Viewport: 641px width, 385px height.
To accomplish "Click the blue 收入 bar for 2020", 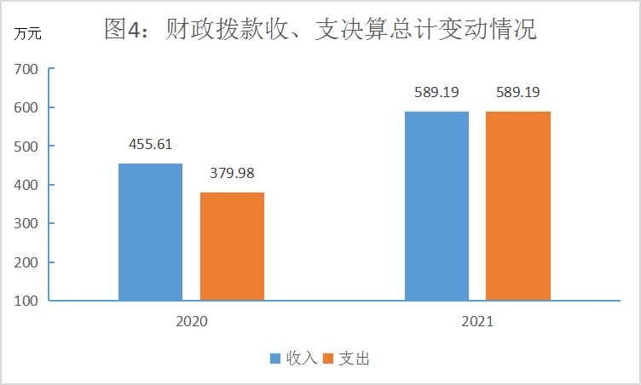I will tap(150, 232).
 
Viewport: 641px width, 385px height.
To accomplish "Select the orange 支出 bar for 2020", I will tap(232, 246).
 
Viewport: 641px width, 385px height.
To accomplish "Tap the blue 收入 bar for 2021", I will tap(436, 205).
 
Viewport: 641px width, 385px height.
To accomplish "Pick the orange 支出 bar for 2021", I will tap(518, 205).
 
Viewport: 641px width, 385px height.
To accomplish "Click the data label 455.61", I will tap(150, 145).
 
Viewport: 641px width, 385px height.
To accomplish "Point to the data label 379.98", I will tap(232, 174).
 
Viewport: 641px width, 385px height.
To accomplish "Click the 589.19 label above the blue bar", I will tap(437, 92).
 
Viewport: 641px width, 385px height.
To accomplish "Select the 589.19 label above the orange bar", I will tap(518, 92).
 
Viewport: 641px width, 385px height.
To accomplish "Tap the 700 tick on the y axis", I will tap(26, 69).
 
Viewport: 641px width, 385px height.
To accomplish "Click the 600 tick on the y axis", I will tap(26, 108).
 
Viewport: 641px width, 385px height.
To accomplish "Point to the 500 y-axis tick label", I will tap(26, 147).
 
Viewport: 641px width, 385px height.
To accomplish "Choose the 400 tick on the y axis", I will tap(26, 185).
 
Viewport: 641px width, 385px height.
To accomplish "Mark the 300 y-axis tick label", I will tap(26, 224).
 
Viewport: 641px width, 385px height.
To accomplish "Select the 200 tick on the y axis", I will tap(26, 262).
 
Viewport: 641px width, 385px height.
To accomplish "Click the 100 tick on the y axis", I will tap(26, 301).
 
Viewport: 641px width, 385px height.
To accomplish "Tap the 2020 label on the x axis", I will tap(191, 323).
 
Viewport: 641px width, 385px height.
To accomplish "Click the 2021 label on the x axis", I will tap(477, 323).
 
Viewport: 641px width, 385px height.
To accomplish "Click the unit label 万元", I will tap(27, 35).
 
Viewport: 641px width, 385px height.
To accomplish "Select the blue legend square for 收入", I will tap(275, 359).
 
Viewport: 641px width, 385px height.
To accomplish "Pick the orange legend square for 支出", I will tap(330, 359).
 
